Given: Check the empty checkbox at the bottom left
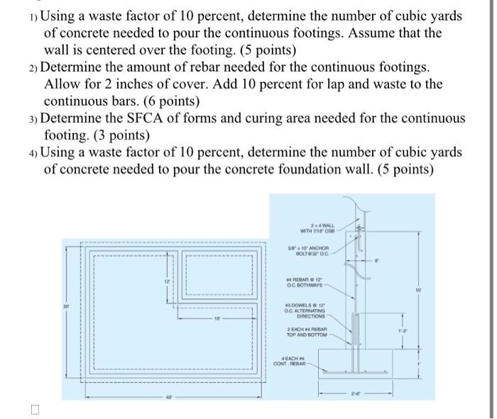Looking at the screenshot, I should tap(35, 410).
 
